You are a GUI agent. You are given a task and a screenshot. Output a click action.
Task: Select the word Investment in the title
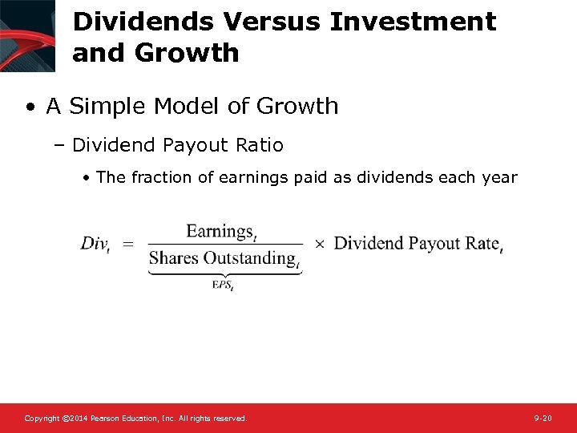click(x=414, y=22)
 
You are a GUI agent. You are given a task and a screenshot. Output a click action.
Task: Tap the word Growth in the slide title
click(x=187, y=54)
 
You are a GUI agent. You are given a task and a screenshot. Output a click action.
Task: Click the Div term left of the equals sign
click(x=95, y=244)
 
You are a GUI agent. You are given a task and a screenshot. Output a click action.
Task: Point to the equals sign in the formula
click(x=128, y=244)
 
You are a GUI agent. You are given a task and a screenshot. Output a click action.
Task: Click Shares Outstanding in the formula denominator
click(x=223, y=257)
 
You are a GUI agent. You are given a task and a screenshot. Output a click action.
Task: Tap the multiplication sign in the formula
click(x=319, y=244)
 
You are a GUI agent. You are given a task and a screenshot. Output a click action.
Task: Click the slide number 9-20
click(x=543, y=419)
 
